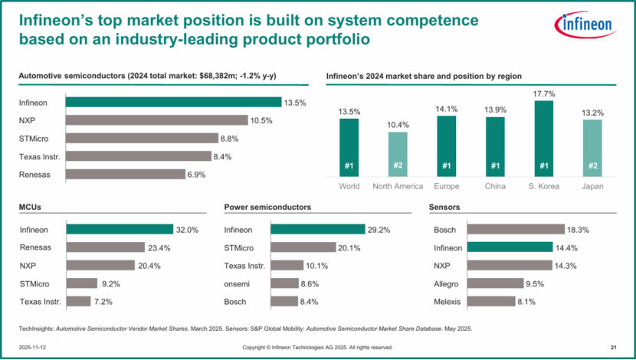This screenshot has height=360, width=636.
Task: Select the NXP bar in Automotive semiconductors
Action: click(157, 120)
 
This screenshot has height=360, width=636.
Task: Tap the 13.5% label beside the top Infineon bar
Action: click(296, 102)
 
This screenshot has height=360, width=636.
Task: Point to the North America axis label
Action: click(398, 186)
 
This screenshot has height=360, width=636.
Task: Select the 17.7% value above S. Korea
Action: click(543, 94)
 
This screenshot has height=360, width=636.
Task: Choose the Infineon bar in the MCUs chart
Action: click(120, 229)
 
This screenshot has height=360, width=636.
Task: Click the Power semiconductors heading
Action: click(267, 207)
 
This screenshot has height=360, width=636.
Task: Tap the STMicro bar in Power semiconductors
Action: click(303, 247)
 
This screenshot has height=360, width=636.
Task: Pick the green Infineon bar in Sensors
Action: click(509, 247)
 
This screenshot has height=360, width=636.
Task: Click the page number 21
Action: click(614, 347)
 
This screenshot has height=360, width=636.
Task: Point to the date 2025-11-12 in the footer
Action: click(32, 347)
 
